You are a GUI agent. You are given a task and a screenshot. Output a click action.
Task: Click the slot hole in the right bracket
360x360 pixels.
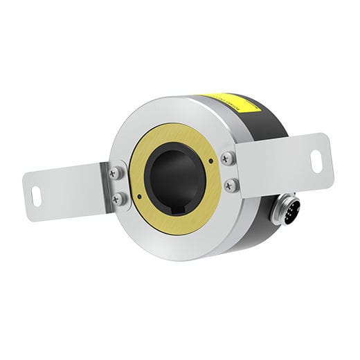[316, 161]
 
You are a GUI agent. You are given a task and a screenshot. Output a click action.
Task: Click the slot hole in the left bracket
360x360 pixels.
[35, 196]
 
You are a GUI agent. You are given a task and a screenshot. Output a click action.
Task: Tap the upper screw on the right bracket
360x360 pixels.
[228, 159]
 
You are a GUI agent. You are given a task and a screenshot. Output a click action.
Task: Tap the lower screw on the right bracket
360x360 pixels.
[231, 186]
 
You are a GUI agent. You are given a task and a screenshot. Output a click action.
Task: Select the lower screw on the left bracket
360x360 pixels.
[118, 199]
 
